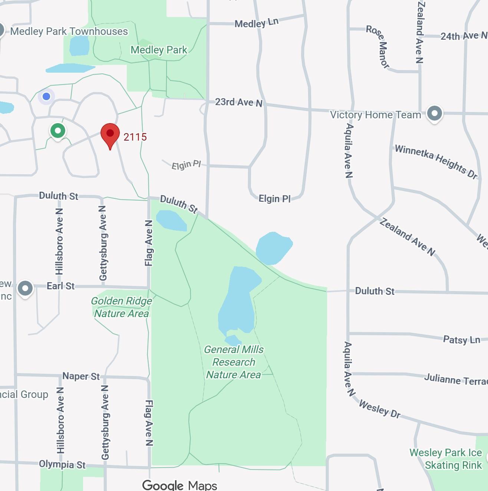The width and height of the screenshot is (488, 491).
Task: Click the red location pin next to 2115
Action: point(110,135)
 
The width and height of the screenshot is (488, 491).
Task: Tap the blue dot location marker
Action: point(46,96)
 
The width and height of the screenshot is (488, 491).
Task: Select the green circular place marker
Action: point(57,131)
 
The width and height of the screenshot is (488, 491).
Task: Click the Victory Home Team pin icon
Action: point(434,113)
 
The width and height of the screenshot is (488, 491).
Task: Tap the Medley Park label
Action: point(159,50)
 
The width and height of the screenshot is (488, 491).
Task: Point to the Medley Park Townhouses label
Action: point(69,32)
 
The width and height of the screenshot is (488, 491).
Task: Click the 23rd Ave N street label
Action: point(239,102)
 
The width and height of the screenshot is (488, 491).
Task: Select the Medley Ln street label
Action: point(256,23)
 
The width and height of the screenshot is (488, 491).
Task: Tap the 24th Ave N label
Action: point(464,36)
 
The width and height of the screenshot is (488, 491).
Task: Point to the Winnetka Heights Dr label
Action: point(436,161)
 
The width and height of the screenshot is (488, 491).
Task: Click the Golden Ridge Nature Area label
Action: point(121,307)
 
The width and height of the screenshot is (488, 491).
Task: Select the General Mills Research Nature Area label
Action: point(234,362)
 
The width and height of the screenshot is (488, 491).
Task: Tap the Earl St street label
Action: point(60,286)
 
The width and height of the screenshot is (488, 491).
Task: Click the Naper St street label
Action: point(81,376)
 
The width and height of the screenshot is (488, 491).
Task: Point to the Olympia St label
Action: point(62,464)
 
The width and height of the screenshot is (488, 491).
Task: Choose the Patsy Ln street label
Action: point(461,340)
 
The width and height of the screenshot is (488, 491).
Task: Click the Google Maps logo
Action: point(180,485)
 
